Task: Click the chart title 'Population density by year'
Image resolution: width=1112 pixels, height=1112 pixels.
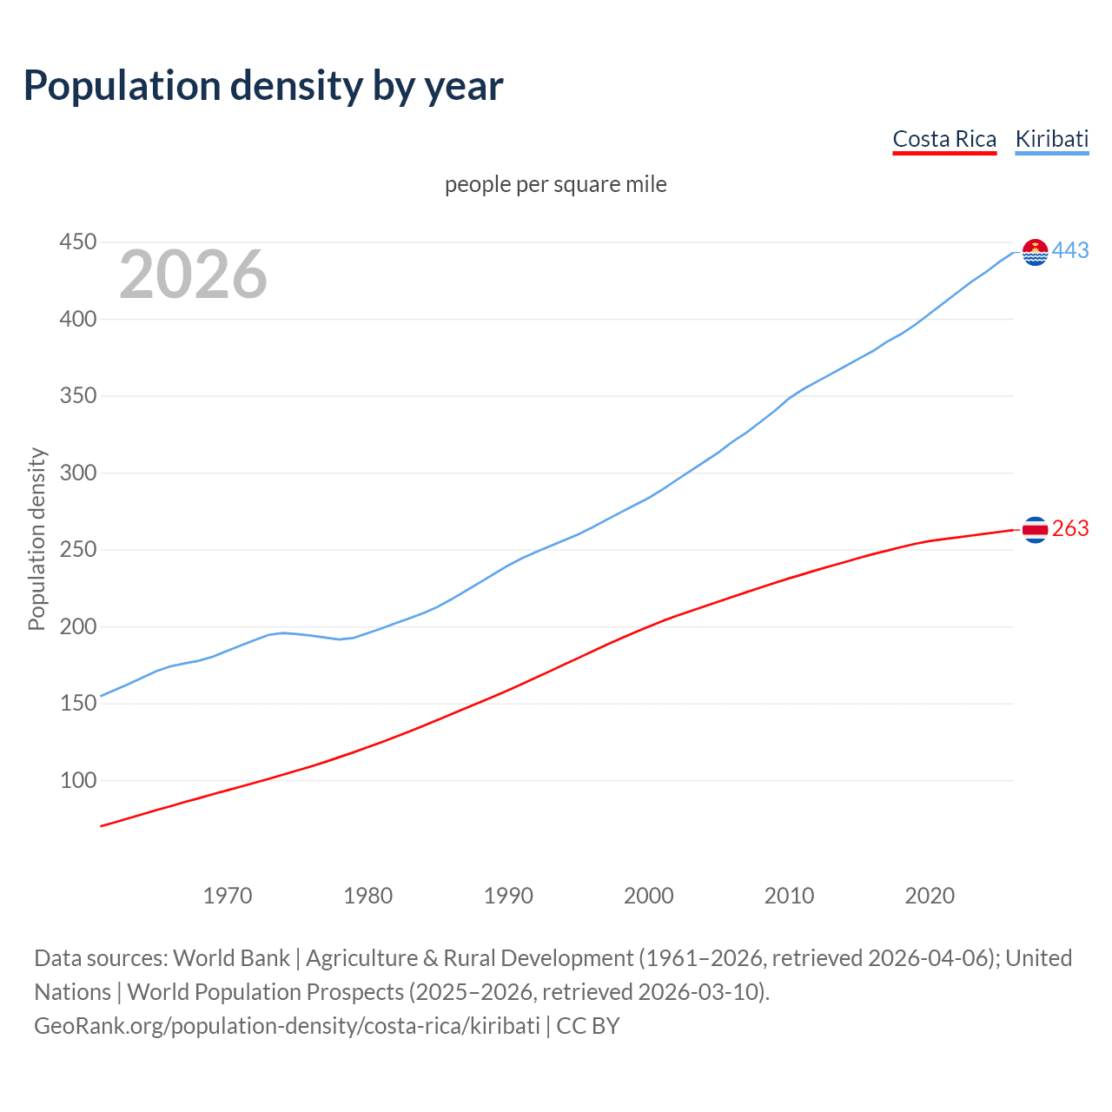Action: tap(263, 85)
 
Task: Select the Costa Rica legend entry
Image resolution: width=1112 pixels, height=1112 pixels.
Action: tap(944, 139)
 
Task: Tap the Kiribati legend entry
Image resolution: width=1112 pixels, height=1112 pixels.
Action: tap(1052, 139)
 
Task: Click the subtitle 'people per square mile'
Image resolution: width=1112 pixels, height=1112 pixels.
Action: tap(556, 184)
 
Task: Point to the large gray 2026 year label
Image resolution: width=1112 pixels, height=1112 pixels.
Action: tap(193, 275)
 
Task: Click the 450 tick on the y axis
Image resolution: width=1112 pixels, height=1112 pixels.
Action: tap(77, 242)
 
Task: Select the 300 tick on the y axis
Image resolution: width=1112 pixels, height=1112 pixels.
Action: tap(77, 473)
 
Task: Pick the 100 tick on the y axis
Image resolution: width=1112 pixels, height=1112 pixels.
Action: tap(77, 780)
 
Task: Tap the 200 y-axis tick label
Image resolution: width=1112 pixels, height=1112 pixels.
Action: tap(77, 626)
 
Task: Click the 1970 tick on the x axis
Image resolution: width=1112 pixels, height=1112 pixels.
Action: tap(228, 896)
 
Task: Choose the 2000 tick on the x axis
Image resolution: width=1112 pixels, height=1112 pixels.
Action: tap(649, 896)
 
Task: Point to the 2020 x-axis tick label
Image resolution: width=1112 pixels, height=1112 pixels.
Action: tap(930, 896)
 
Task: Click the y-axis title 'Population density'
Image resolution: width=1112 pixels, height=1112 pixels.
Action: tap(36, 539)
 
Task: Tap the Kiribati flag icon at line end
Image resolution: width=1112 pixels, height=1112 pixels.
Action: tap(1035, 252)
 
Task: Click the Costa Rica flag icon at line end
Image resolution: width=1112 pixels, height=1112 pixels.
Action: tap(1035, 529)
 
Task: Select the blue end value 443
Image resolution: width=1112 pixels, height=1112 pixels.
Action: tap(1070, 251)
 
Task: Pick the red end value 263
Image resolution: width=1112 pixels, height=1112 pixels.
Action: tap(1070, 529)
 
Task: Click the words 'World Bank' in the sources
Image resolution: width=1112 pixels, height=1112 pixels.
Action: tap(231, 958)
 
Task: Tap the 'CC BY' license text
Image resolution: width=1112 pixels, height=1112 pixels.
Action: tap(588, 1026)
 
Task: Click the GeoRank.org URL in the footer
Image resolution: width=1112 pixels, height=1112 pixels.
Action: tap(287, 1026)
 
